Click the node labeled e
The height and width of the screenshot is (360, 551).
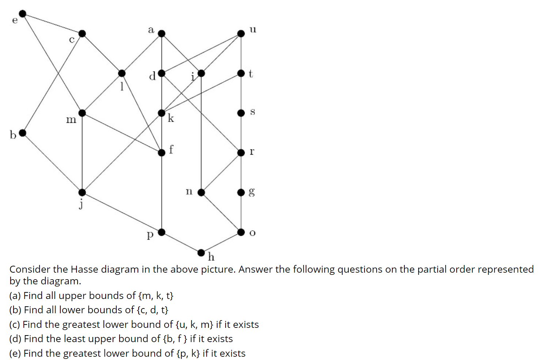point(23,14)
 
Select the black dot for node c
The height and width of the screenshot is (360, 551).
point(82,34)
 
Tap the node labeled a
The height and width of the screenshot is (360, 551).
point(162,34)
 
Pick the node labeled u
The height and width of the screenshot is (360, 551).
point(241,34)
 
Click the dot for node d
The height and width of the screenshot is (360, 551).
point(162,73)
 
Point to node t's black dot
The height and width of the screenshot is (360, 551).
point(241,73)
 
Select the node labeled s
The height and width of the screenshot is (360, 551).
point(241,113)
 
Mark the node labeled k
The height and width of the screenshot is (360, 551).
point(162,113)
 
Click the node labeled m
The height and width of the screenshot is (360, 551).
point(82,113)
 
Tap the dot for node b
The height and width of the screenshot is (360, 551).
point(23,133)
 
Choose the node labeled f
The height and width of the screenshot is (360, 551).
point(162,152)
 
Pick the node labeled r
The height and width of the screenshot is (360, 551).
point(241,152)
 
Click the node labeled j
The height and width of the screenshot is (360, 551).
point(82,192)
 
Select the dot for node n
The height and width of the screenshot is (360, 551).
point(201,192)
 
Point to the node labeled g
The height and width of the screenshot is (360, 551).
point(241,192)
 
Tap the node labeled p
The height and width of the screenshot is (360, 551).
point(162,232)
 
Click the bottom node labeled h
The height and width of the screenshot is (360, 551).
point(201,252)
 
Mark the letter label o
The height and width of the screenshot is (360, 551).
point(252,233)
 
